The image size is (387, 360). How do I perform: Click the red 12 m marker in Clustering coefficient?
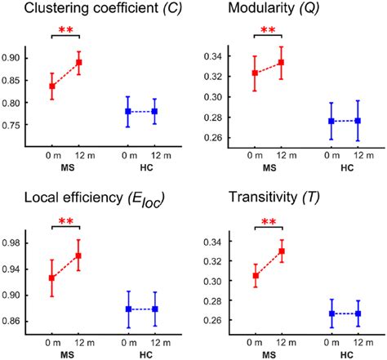pyautogui.click(x=78, y=62)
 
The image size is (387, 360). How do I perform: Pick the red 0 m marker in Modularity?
pyautogui.click(x=256, y=73)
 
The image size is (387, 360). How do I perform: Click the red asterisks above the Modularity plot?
pyautogui.click(x=268, y=31)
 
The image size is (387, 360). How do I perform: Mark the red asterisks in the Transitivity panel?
pyautogui.click(x=268, y=221)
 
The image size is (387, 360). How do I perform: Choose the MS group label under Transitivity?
pyautogui.click(x=268, y=353)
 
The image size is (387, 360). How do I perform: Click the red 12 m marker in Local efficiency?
pyautogui.click(x=78, y=256)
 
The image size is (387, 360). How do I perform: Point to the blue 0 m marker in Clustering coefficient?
pyautogui.click(x=128, y=111)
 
